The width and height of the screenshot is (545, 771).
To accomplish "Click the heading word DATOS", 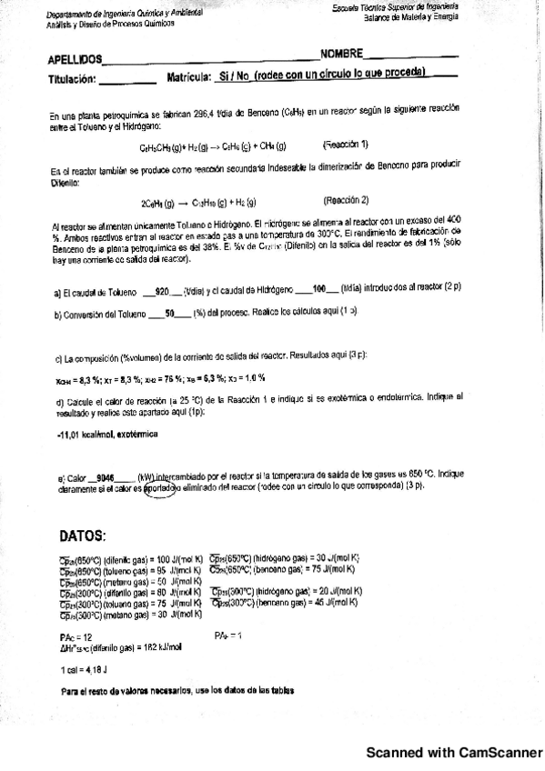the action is tap(83, 536).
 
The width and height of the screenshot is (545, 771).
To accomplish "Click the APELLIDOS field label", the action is tap(76, 60).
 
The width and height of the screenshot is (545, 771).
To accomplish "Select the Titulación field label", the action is tap(72, 80).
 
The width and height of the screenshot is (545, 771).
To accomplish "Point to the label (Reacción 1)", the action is tap(347, 145).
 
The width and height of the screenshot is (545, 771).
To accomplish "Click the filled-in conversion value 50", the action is tap(169, 313).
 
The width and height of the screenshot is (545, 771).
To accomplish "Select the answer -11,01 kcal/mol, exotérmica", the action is tap(106, 434).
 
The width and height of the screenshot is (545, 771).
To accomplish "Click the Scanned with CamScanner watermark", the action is tap(453, 754).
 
